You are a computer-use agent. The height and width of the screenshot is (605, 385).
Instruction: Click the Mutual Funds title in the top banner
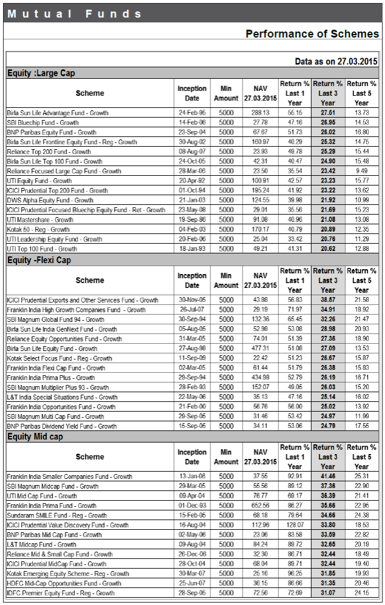(x=75, y=13)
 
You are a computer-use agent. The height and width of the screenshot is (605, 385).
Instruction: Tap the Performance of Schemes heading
(x=312, y=34)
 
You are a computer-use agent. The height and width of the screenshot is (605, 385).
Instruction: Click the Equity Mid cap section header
(x=35, y=436)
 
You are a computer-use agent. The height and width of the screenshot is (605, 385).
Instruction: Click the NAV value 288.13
(x=260, y=113)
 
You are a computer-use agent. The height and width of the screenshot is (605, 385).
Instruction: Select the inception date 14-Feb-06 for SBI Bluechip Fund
(x=192, y=122)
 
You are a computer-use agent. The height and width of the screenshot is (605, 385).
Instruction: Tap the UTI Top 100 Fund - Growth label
(x=42, y=249)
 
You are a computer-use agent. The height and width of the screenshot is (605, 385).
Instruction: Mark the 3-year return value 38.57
(x=327, y=300)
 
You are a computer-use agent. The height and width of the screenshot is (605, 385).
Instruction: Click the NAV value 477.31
(x=260, y=349)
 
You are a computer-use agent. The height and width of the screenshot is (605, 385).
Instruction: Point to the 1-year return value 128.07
(x=294, y=525)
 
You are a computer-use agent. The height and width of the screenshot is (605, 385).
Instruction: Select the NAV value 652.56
(x=260, y=506)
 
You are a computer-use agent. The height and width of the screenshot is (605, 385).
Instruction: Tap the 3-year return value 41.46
(x=327, y=476)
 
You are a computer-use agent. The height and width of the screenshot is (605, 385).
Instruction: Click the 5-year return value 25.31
(x=361, y=476)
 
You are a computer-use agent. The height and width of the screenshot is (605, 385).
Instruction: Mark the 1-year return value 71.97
(x=294, y=310)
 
